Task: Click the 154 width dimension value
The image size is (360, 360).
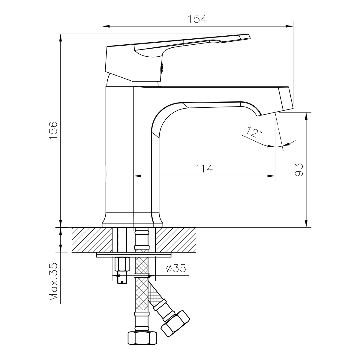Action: pos(197,19)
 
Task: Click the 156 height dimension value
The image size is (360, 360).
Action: pos(53,130)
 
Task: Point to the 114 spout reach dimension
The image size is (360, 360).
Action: pos(204,169)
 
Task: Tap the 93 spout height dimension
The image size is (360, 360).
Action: pos(298,170)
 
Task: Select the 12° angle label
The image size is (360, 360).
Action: pos(254,132)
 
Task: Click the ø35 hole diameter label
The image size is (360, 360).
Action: pos(176,268)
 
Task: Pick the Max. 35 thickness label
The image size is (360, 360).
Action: pos(53,282)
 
